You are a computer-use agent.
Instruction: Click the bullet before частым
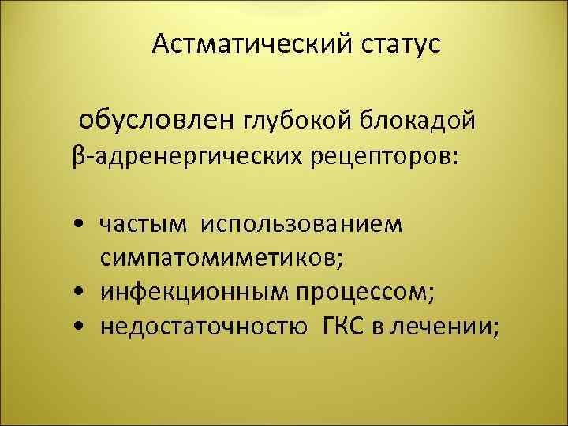pos(83,225)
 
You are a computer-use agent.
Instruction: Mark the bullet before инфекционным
pos(83,293)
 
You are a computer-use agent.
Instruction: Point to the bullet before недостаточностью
pos(83,327)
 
